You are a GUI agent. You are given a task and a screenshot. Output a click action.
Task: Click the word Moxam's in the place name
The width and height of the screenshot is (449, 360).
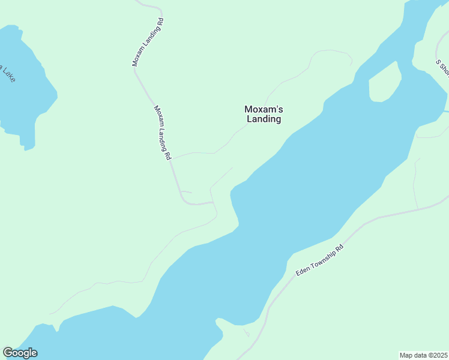[263, 109]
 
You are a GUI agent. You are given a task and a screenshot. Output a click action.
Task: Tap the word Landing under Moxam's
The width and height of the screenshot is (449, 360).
[264, 119]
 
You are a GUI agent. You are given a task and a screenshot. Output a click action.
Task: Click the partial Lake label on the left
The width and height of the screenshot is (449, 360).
[7, 73]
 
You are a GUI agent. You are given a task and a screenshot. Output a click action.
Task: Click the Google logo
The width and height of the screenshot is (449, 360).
[20, 353]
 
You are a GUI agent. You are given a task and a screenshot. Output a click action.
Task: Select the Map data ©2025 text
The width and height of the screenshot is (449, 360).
[423, 355]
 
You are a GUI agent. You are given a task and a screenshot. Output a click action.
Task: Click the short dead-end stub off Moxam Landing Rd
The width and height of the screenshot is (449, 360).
[187, 192]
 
